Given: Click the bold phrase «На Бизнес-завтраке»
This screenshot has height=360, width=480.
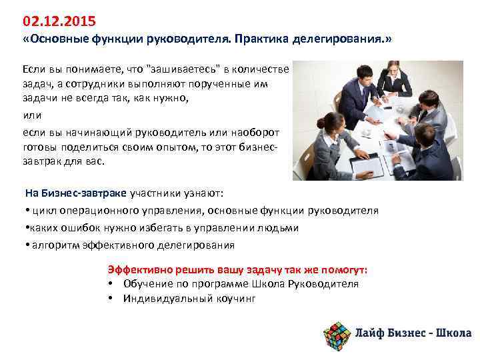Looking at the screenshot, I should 76,193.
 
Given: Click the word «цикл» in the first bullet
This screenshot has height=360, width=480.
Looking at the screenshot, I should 41,211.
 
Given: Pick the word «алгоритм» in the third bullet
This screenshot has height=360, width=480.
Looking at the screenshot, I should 53,245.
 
